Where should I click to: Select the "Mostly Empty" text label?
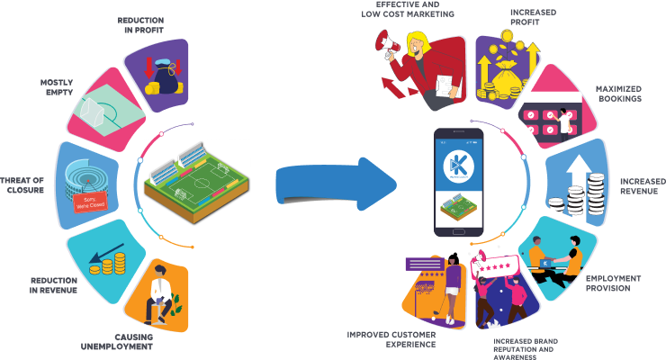click(x=56, y=86)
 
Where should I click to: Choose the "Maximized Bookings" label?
click(x=618, y=93)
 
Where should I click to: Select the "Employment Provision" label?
click(x=619, y=283)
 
